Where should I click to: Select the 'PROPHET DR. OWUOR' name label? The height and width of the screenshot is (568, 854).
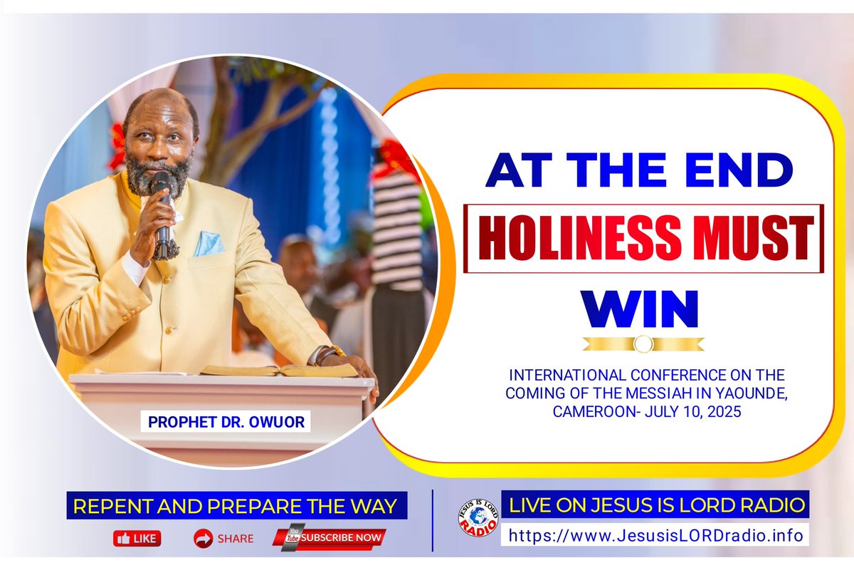[x=226, y=422]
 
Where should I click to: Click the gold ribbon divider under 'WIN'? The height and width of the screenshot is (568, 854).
[x=643, y=344]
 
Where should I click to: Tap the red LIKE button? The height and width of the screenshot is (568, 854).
[x=137, y=538]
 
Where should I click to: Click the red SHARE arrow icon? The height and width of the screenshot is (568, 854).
[x=204, y=538]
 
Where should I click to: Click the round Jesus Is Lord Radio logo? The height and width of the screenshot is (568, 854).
[x=478, y=517]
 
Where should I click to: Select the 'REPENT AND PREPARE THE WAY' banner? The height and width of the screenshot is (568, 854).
[x=236, y=507]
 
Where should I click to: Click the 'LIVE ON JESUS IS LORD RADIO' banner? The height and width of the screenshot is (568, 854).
[x=655, y=505]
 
